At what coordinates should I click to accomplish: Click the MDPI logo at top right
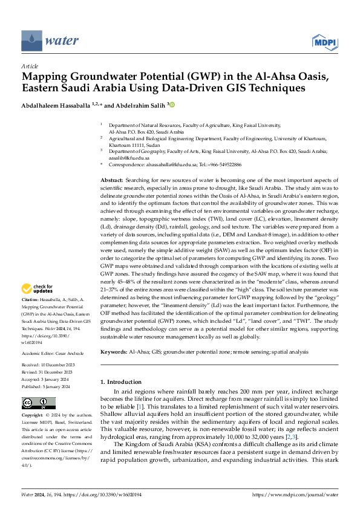[x=324, y=41]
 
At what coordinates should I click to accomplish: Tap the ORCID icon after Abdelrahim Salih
[x=171, y=105]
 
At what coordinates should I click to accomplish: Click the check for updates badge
[x=39, y=290]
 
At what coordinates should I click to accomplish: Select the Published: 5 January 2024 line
[x=46, y=368]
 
